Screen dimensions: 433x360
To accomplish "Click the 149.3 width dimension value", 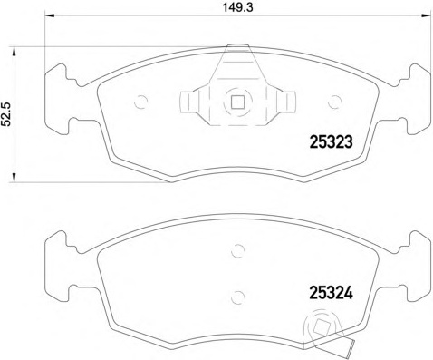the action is coord(237,7).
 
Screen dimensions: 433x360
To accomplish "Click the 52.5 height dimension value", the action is coord(6,114).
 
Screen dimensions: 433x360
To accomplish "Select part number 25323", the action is coord(332,141).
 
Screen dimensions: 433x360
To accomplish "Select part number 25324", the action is coord(332,293).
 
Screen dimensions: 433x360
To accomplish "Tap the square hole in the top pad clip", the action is coord(237,102).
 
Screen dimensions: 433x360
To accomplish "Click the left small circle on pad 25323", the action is coord(140,102).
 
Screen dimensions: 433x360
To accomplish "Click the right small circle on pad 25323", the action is coord(334,102).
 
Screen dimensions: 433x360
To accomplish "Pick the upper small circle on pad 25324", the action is coord(237,250).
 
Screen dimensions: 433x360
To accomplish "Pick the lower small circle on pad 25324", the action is coord(237,297).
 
